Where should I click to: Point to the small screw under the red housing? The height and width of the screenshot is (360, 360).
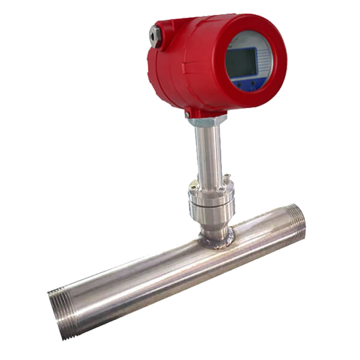188,113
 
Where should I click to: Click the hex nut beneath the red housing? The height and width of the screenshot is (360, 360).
207,120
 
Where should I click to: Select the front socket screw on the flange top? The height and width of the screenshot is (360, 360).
221,190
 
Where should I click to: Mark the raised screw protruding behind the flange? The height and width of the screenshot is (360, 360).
227,177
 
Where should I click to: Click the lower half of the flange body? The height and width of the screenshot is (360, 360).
211,213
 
